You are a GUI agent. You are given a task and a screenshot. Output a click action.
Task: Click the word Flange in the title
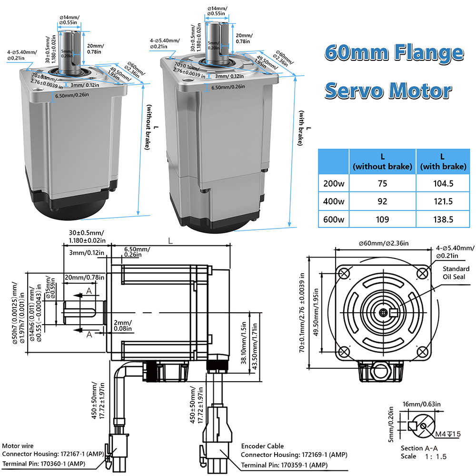point(429,52)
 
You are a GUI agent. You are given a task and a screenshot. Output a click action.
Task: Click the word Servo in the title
point(354,90)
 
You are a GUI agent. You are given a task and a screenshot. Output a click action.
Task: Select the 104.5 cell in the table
point(443,183)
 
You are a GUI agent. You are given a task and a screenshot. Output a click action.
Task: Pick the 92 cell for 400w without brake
point(382,201)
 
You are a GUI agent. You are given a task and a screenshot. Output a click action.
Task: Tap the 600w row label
point(334,219)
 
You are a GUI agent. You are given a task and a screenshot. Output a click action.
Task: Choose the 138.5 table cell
point(443,219)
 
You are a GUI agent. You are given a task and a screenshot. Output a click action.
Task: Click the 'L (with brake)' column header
point(443,161)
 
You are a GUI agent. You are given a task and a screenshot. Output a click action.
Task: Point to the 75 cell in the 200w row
point(382,183)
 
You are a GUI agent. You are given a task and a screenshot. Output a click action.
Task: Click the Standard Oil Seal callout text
point(456,273)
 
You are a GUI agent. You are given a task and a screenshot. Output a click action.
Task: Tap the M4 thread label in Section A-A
point(448,434)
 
